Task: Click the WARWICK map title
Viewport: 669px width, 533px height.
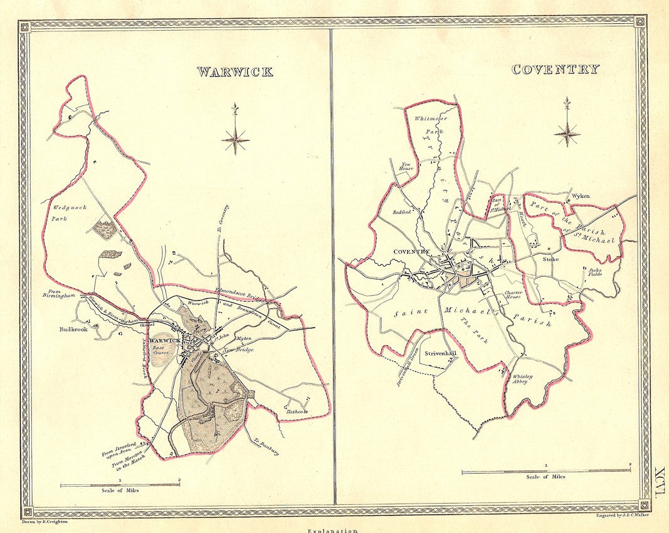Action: [x=235, y=71]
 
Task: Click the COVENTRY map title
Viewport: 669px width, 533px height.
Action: [x=555, y=70]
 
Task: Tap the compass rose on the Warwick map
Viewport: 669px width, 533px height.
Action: [x=235, y=138]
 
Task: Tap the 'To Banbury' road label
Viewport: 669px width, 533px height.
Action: [x=267, y=445]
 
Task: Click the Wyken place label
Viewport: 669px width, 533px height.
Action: [x=580, y=195]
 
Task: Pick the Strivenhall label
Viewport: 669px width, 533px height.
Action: [x=441, y=353]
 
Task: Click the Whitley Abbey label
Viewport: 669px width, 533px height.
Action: [x=522, y=380]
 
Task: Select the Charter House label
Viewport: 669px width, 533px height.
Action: [x=513, y=294]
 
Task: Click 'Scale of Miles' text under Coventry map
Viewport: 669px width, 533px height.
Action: [x=545, y=477]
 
